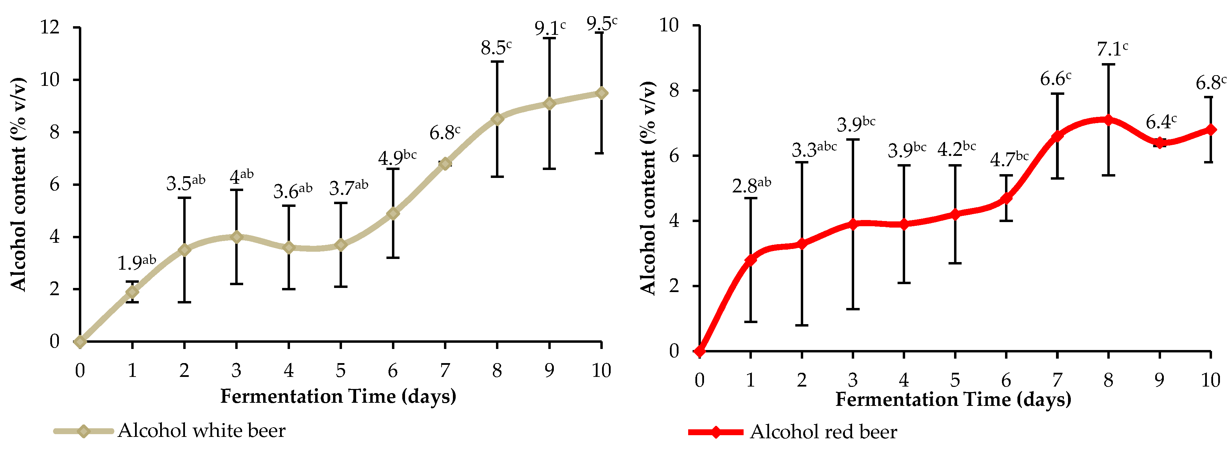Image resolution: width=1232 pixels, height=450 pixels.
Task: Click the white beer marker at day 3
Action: click(x=236, y=237)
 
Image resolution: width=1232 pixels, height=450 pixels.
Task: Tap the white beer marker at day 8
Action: click(x=497, y=119)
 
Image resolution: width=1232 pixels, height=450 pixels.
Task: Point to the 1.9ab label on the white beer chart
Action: click(x=137, y=262)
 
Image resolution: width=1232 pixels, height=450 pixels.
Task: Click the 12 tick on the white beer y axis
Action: click(x=50, y=27)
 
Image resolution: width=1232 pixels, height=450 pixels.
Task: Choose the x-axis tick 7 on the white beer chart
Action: click(x=445, y=370)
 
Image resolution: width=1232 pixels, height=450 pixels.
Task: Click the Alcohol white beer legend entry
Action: click(x=170, y=431)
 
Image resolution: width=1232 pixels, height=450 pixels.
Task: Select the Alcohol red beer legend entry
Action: click(x=793, y=432)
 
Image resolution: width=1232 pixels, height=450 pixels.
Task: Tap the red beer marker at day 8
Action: click(x=1108, y=120)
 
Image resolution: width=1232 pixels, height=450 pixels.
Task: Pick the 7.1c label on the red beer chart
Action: click(x=1112, y=49)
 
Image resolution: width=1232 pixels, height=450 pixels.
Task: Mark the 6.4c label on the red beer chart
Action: click(x=1161, y=122)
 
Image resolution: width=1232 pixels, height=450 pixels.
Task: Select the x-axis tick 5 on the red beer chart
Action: click(x=955, y=380)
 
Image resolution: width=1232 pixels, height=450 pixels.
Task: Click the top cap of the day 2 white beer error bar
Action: click(x=184, y=198)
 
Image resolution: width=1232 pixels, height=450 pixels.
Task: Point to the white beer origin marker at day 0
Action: click(x=80, y=341)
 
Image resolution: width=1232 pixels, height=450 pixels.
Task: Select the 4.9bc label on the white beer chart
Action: click(x=397, y=157)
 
